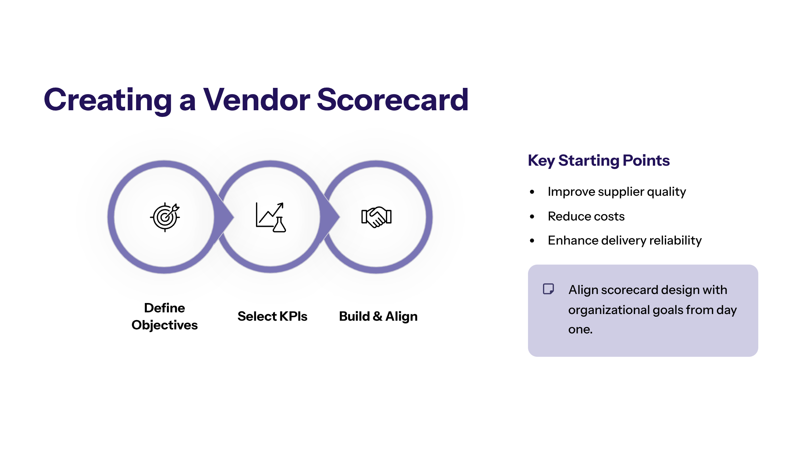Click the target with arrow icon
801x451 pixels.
[x=165, y=217]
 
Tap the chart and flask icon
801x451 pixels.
[x=271, y=217]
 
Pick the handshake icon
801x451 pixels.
[x=376, y=217]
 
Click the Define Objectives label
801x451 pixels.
[x=165, y=316]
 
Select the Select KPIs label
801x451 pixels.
[x=272, y=316]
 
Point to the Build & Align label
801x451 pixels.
[x=378, y=316]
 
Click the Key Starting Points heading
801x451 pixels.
[x=599, y=160]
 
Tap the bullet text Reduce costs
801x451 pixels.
[x=586, y=216]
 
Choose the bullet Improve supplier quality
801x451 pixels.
[x=617, y=192]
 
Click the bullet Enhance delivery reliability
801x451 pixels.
[x=624, y=241]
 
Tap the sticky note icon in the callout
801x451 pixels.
[x=548, y=289]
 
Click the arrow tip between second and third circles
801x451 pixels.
[x=337, y=217]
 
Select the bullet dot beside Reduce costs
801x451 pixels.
[x=532, y=216]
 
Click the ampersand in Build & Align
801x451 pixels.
[x=377, y=316]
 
